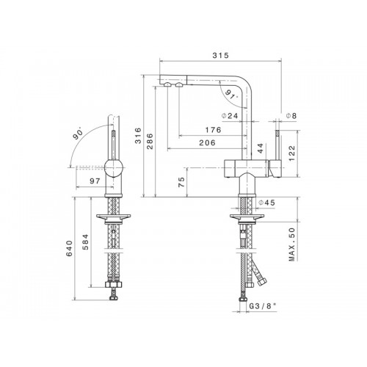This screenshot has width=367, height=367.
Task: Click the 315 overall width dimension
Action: (x=220, y=55)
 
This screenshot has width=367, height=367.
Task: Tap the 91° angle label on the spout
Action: (x=231, y=94)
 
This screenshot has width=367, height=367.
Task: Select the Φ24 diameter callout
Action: (x=230, y=116)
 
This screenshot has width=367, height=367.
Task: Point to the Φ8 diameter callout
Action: (x=291, y=116)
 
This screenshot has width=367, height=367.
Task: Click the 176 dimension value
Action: (x=213, y=130)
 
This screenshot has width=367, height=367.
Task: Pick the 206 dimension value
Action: (x=208, y=142)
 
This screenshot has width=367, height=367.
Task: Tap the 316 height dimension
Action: (x=138, y=135)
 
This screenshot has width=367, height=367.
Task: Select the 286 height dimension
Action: (x=150, y=141)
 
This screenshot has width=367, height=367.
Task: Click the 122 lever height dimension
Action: (x=292, y=153)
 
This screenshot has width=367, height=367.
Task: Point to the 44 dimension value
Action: (x=261, y=148)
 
